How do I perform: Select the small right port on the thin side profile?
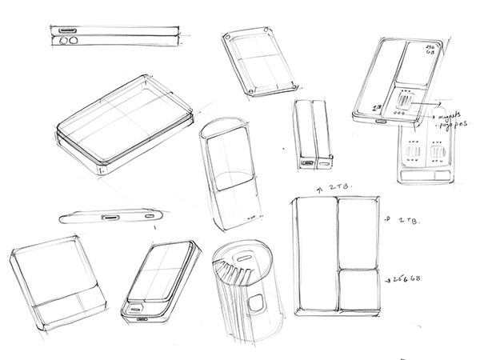[150, 217]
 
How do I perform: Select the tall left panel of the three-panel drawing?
[317, 255]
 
